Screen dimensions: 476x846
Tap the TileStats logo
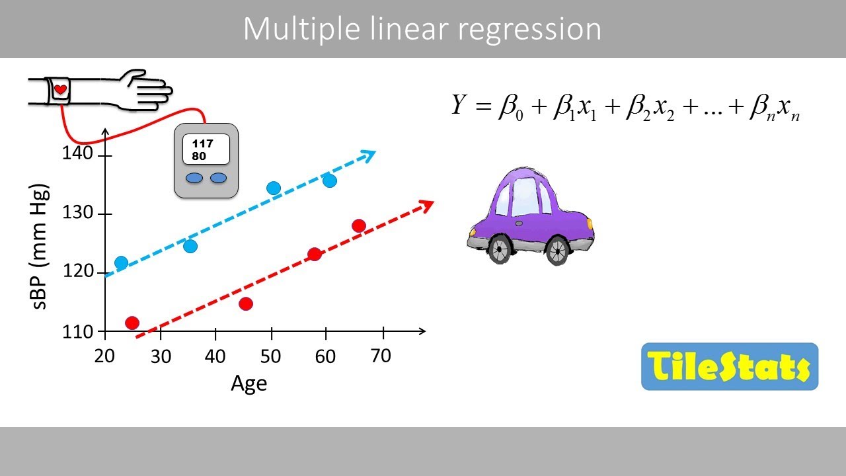[729, 366]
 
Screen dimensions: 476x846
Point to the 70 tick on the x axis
[381, 356]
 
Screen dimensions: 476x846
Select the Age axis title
[249, 383]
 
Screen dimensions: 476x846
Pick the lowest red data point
[132, 323]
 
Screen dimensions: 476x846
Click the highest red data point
[359, 226]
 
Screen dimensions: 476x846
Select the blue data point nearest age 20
[121, 263]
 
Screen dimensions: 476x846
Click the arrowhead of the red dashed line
[426, 205]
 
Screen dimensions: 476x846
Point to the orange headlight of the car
[590, 223]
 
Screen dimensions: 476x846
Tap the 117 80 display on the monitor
[206, 149]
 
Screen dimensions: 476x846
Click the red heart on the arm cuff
[60, 89]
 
